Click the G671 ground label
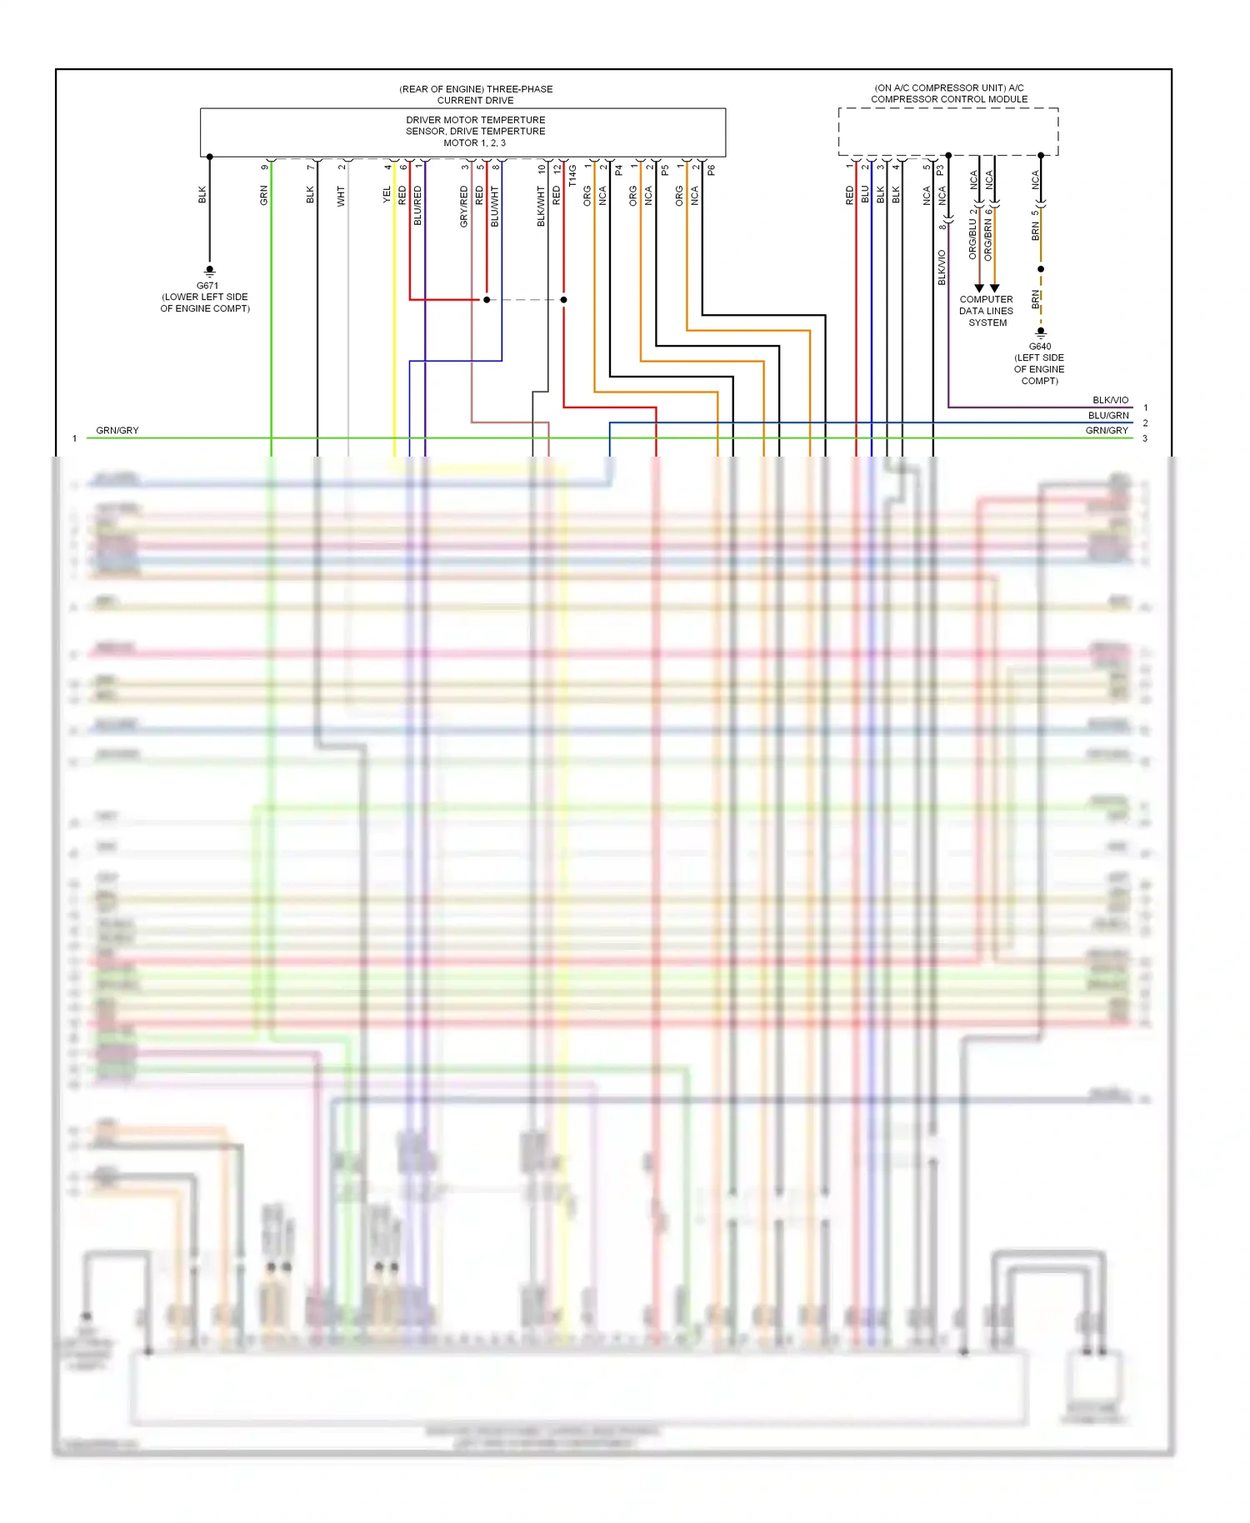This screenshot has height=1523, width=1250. pos(207,286)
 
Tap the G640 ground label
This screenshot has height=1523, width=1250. pos(1039,347)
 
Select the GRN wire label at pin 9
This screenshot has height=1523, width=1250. pos(264,196)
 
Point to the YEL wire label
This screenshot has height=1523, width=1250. pos(387,195)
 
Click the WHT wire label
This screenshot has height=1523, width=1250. pos(341,197)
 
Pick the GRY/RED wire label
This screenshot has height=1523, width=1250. pos(464,207)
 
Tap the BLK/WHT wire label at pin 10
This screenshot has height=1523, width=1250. pos(541,207)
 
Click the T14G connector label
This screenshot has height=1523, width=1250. pos(572,176)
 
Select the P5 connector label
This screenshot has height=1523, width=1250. pos(665,170)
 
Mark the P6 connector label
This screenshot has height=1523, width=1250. pos(711,170)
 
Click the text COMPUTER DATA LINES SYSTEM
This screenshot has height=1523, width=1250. pos(986,311)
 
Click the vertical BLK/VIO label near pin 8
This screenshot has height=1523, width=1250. pos(942,267)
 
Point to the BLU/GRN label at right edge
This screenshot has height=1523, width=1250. pos(1107,416)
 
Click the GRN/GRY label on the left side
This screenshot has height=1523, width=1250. pos(117,431)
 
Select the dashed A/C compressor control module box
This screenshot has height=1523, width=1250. pos(947,132)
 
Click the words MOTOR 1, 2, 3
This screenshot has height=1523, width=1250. pos(474,143)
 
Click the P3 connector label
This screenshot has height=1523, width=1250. pos(940,170)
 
